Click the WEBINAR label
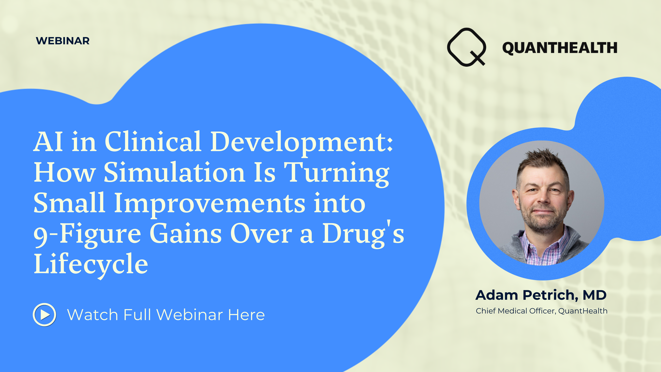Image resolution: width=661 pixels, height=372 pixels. tap(63, 41)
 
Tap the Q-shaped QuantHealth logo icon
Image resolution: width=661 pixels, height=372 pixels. tap(466, 47)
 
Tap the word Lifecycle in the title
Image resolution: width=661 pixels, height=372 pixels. tap(91, 264)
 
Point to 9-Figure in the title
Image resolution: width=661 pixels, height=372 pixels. tap(87, 234)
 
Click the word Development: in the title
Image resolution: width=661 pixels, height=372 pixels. tap(302, 142)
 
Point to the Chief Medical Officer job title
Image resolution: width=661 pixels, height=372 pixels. tap(516, 311)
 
